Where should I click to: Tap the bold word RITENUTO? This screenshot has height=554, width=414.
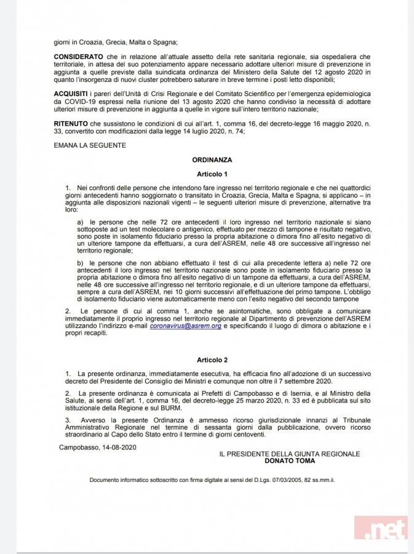tap(72, 124)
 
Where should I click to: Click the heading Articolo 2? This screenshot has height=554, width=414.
tap(212, 359)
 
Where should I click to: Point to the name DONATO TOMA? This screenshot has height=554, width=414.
tap(289, 460)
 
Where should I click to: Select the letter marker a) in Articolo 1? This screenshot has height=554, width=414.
tap(80, 220)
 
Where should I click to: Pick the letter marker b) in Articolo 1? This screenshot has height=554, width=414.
tap(80, 263)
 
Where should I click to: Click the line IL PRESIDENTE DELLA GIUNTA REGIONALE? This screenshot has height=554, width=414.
tap(289, 454)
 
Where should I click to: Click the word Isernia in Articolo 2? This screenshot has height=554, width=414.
tap(308, 393)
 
